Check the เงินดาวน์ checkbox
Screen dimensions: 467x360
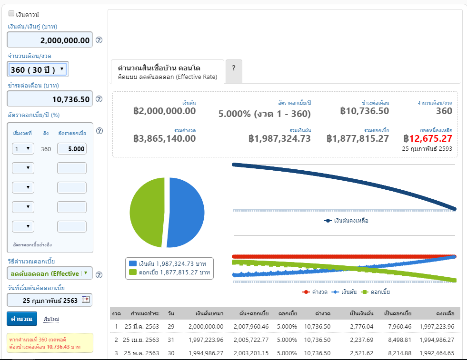pos(11,13)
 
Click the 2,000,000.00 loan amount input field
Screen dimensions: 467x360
pos(50,40)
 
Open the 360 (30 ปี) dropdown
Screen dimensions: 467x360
pos(38,69)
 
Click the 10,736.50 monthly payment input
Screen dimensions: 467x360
pos(50,99)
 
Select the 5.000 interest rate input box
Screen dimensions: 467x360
pos(72,149)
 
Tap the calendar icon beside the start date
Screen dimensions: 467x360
pos(86,300)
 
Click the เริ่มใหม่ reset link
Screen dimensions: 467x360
pos(51,319)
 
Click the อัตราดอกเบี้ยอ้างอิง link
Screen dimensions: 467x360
pos(32,244)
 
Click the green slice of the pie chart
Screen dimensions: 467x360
pos(147,212)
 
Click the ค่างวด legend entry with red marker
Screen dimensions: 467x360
pos(315,292)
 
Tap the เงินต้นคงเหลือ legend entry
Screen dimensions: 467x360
pos(346,221)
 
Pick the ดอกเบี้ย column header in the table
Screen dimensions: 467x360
pos(288,313)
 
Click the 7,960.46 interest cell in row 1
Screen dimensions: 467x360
pos(399,326)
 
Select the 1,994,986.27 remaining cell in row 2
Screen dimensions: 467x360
pos(437,340)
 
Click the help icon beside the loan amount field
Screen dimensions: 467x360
pos(99,40)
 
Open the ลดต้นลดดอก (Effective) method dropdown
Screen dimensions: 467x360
pos(50,273)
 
